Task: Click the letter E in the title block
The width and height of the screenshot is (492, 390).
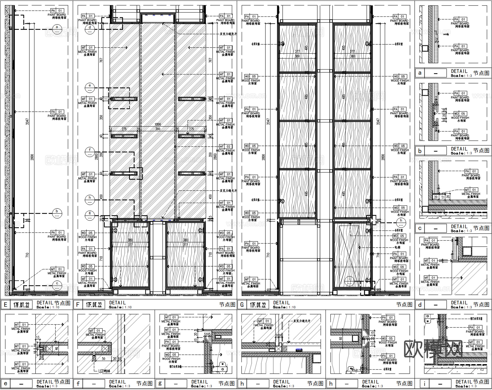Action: [x=5, y=305]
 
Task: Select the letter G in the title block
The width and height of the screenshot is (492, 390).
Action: [x=242, y=305]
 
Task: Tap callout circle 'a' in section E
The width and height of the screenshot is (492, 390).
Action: [x=57, y=29]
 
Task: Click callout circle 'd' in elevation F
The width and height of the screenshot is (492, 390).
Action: [x=90, y=29]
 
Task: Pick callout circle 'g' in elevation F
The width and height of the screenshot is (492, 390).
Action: [x=90, y=215]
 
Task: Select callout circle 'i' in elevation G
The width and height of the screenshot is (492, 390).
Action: [x=349, y=281]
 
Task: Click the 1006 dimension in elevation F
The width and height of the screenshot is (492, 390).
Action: [x=158, y=125]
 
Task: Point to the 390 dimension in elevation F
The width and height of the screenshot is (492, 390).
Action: [x=158, y=129]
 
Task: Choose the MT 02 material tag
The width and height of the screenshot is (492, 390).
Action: [x=225, y=146]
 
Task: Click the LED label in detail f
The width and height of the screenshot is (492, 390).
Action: [x=104, y=371]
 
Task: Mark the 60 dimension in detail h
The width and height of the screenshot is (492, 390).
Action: [x=341, y=339]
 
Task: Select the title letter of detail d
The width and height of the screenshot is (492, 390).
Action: [x=420, y=305]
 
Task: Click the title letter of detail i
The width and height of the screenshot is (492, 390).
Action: [x=424, y=383]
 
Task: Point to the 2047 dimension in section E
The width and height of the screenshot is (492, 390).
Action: [x=27, y=122]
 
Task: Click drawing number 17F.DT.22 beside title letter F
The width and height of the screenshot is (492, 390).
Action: [x=94, y=305]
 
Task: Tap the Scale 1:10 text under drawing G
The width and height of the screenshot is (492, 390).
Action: [x=284, y=307]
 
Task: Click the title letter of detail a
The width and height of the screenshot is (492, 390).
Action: [x=420, y=73]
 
